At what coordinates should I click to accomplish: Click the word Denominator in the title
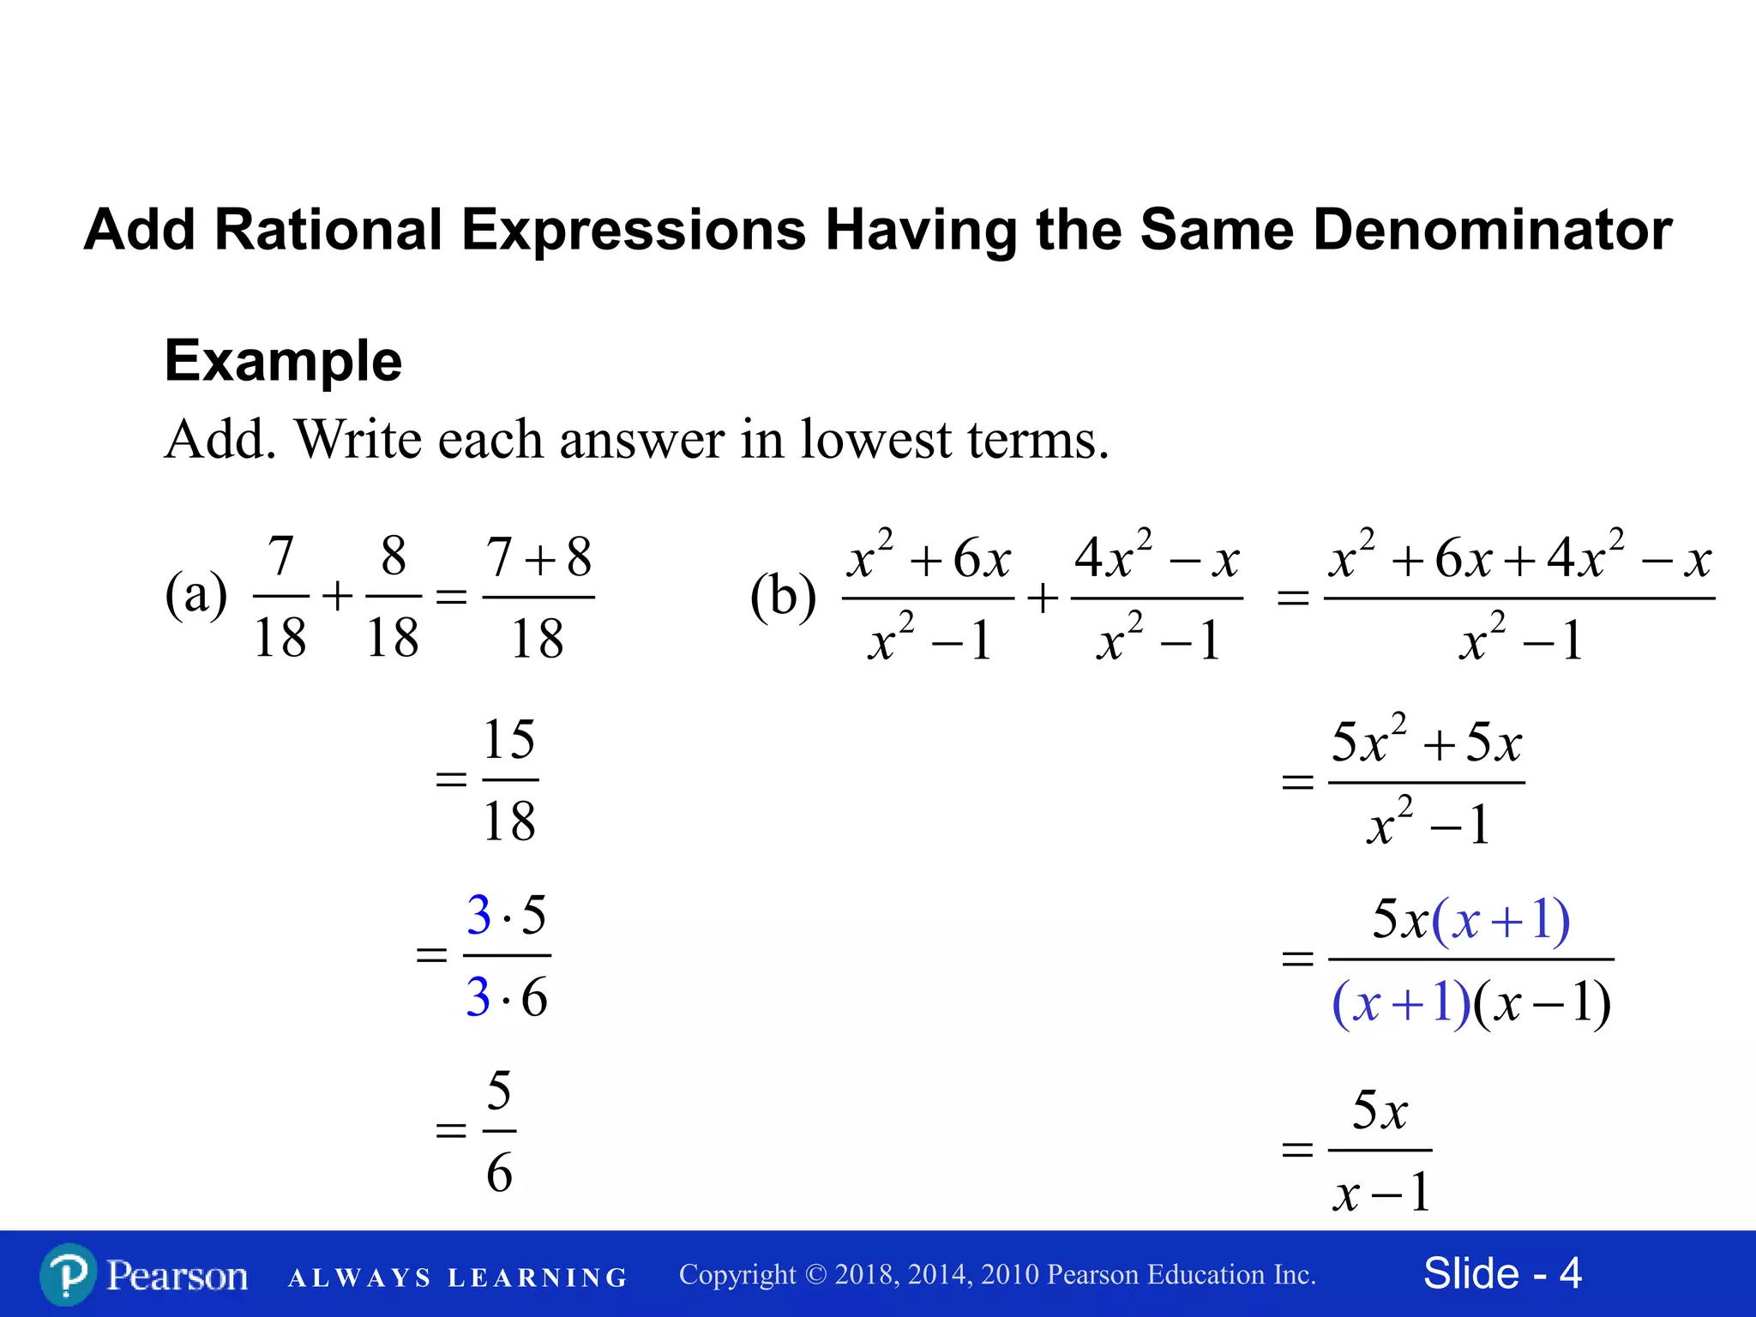pyautogui.click(x=1492, y=230)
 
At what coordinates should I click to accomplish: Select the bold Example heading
pyautogui.click(x=283, y=360)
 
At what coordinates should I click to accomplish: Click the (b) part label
pyautogui.click(x=782, y=596)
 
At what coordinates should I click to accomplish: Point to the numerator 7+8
pyautogui.click(x=538, y=557)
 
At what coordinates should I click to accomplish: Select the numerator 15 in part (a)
pyautogui.click(x=509, y=739)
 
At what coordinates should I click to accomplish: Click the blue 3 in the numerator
pyautogui.click(x=478, y=915)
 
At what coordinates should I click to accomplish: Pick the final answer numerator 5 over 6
pyautogui.click(x=499, y=1091)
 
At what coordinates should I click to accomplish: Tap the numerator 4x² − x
pyautogui.click(x=1157, y=557)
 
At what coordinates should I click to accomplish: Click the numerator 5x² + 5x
pyautogui.click(x=1426, y=741)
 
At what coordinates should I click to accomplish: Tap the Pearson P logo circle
pyautogui.click(x=68, y=1275)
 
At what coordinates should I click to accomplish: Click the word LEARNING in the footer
pyautogui.click(x=538, y=1278)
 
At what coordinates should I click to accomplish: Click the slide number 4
pyautogui.click(x=1570, y=1273)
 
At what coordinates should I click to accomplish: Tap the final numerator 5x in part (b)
pyautogui.click(x=1380, y=1110)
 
